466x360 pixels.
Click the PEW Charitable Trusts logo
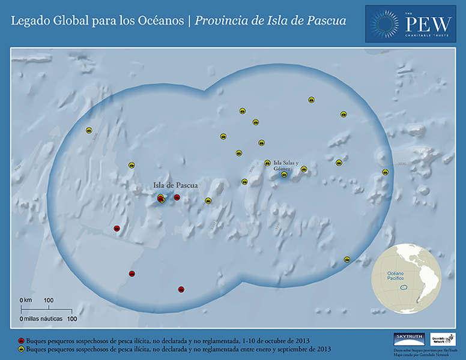(x=410, y=23)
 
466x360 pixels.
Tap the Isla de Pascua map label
(x=175, y=185)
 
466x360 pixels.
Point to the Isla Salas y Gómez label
(x=286, y=166)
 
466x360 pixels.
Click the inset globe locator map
(x=407, y=281)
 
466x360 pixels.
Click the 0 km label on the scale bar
(x=26, y=299)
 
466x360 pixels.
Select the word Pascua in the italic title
(x=327, y=21)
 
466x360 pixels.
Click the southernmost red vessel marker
(x=181, y=289)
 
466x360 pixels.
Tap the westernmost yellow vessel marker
(x=89, y=130)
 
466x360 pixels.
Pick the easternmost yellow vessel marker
(x=386, y=172)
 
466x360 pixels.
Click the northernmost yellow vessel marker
(x=312, y=100)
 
